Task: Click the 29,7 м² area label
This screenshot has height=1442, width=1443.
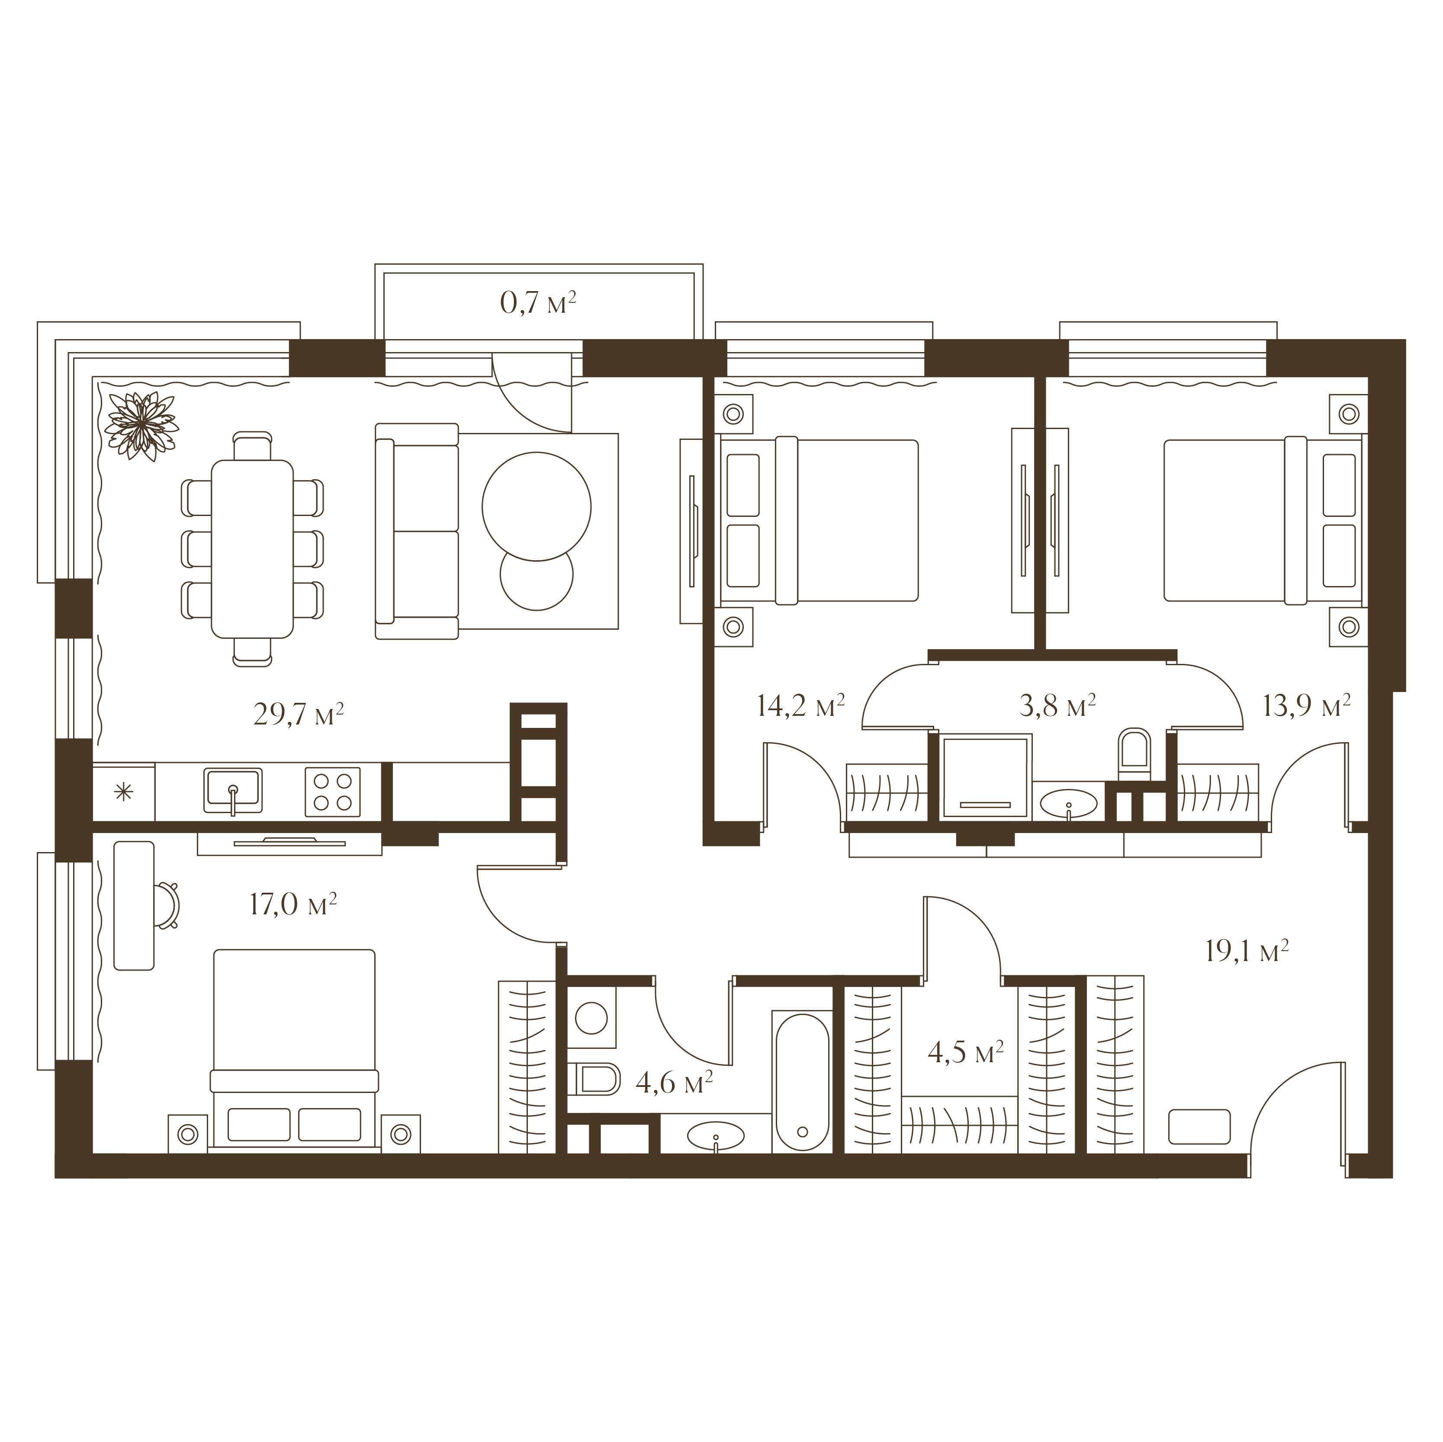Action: tap(299, 714)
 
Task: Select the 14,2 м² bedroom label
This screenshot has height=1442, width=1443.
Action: tap(800, 705)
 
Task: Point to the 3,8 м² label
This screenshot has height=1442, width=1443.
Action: tap(1057, 705)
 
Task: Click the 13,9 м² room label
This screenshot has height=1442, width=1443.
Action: tap(1306, 705)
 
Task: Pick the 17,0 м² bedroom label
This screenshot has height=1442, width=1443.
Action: tap(293, 904)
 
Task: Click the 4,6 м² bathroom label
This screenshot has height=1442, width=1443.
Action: tap(674, 1082)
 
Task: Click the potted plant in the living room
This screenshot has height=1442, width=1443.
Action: tap(141, 426)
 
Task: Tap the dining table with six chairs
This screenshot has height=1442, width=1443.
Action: tap(252, 549)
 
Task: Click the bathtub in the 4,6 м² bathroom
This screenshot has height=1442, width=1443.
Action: tap(802, 1082)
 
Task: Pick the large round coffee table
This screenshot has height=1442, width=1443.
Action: tap(536, 506)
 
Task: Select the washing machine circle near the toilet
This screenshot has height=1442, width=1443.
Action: tap(591, 1018)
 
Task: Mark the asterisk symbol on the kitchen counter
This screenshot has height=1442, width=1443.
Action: tap(123, 791)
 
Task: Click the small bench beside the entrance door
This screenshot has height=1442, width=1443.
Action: tap(1199, 1127)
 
